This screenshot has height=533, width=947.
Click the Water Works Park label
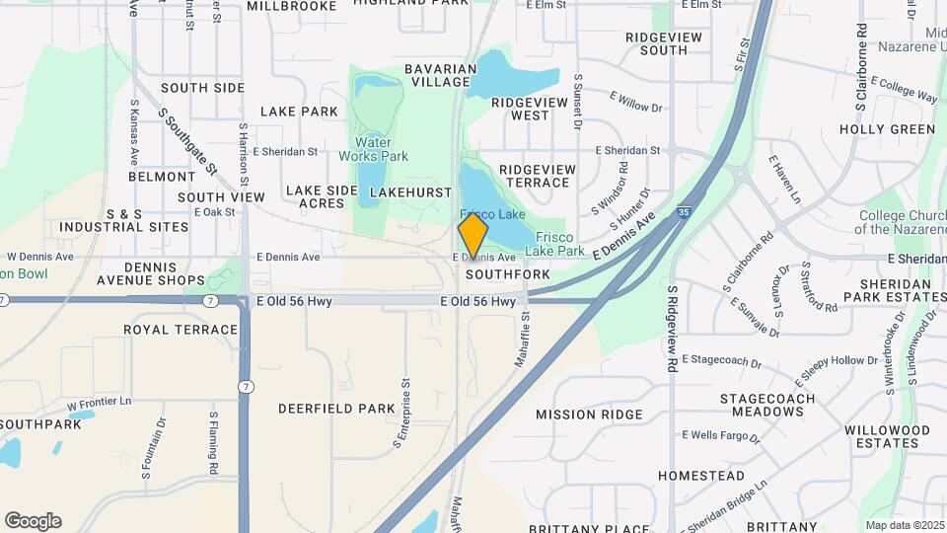(x=374, y=149)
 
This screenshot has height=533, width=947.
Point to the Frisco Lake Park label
(x=560, y=244)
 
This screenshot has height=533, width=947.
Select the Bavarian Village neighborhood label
(x=440, y=75)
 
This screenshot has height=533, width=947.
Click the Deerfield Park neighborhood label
(x=336, y=408)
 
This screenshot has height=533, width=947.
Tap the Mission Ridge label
(x=589, y=415)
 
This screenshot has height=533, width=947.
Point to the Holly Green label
(x=887, y=129)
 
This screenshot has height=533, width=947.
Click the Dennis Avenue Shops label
(x=150, y=273)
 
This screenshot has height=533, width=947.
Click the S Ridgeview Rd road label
(x=671, y=329)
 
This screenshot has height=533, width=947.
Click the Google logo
(x=33, y=521)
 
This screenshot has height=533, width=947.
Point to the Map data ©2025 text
(x=904, y=525)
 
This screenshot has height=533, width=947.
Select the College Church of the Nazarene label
(x=902, y=222)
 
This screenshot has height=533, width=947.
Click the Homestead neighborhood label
(x=701, y=476)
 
